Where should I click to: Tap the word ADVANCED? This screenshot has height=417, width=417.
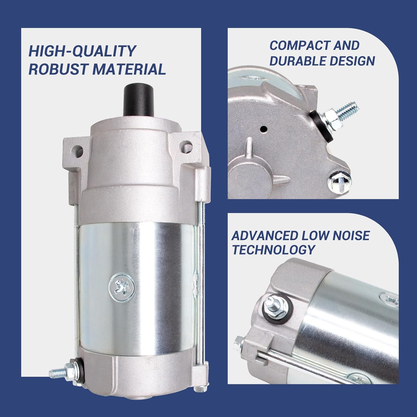(x=265, y=236)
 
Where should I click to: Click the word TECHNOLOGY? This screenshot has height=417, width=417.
(x=273, y=250)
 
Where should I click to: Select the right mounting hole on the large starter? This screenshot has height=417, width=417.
(x=187, y=145)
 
